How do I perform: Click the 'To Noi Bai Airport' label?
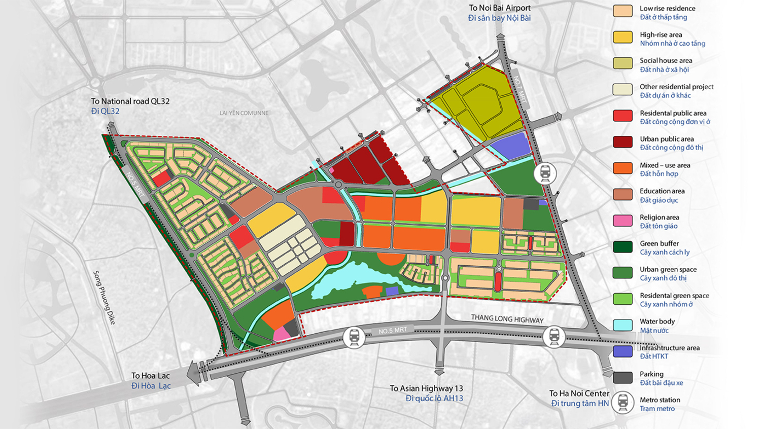click(x=499, y=8)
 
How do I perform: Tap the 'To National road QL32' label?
click(x=130, y=101)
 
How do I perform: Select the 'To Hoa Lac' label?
click(x=151, y=376)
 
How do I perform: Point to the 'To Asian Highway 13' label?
click(x=426, y=388)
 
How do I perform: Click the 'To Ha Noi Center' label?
click(x=579, y=394)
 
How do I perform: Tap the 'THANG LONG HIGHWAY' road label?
click(x=507, y=319)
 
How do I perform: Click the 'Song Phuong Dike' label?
click(x=105, y=297)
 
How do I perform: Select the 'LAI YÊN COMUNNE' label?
click(x=244, y=113)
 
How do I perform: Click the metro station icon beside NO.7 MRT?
click(x=545, y=173)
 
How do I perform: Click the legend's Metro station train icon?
click(x=622, y=403)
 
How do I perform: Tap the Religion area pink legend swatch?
click(x=622, y=221)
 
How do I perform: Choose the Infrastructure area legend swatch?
click(x=622, y=351)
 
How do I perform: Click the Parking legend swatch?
click(x=622, y=377)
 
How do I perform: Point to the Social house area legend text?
click(x=666, y=61)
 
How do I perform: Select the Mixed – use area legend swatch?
click(x=622, y=168)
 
